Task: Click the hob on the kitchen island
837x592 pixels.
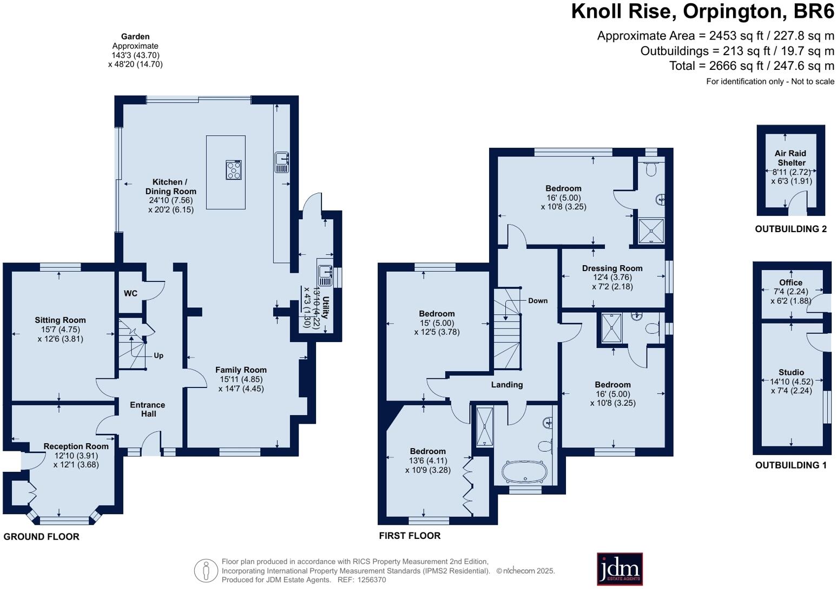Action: pyautogui.click(x=234, y=170)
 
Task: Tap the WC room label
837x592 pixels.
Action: pyautogui.click(x=130, y=293)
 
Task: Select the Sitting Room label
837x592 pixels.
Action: pyautogui.click(x=60, y=320)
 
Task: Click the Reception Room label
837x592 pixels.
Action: pyautogui.click(x=76, y=446)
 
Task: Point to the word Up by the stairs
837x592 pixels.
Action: pyautogui.click(x=159, y=356)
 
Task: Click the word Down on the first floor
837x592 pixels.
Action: pyautogui.click(x=538, y=301)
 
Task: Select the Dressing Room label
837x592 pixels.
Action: pyautogui.click(x=612, y=268)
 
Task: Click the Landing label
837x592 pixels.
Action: pyautogui.click(x=506, y=385)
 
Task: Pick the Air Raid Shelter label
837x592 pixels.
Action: pyautogui.click(x=791, y=158)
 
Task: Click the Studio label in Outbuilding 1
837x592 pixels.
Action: pyautogui.click(x=791, y=372)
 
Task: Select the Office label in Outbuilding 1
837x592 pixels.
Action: pyautogui.click(x=790, y=282)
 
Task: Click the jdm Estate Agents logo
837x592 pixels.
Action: pyautogui.click(x=619, y=569)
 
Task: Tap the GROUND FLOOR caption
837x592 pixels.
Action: pyautogui.click(x=42, y=537)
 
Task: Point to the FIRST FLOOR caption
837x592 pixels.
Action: pyautogui.click(x=410, y=536)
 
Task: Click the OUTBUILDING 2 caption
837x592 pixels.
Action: pyautogui.click(x=790, y=229)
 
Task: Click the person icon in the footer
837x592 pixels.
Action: pyautogui.click(x=206, y=570)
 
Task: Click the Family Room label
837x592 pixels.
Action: pyautogui.click(x=241, y=370)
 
